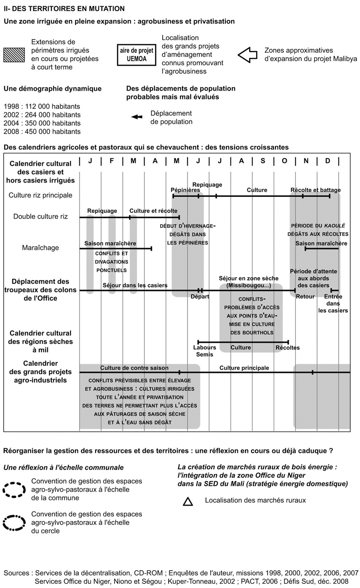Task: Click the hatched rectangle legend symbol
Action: [14, 55]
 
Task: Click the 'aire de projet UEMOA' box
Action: [137, 54]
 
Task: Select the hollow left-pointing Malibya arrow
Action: [247, 55]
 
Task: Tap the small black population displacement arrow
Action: [137, 117]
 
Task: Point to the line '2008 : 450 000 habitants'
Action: [42, 131]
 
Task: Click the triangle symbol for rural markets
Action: [188, 502]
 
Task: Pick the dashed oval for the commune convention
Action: [14, 490]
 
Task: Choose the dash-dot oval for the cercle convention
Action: [14, 523]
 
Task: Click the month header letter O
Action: [284, 161]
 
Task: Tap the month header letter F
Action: [112, 161]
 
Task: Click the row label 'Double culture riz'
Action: [41, 216]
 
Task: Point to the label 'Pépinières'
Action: [185, 190]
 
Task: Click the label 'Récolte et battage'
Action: [315, 190]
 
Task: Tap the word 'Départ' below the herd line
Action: [200, 296]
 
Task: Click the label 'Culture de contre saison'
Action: [134, 368]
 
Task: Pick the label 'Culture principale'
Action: [244, 368]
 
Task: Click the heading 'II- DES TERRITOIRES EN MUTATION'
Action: [64, 8]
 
